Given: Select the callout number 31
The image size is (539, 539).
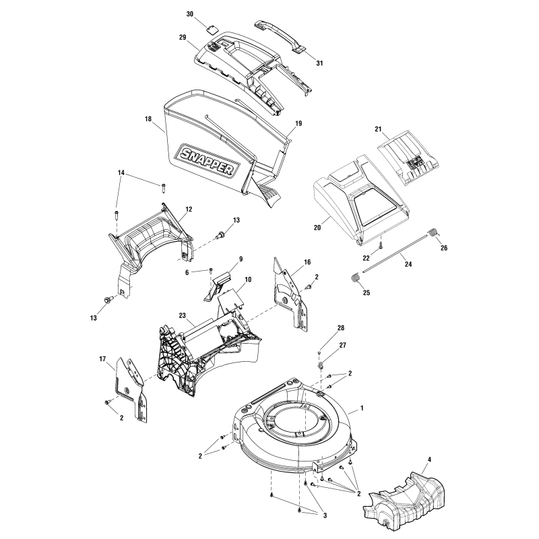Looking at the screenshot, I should click(319, 63).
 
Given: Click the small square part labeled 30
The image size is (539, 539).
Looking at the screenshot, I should click(213, 28).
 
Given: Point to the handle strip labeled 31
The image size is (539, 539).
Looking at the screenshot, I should click(280, 34).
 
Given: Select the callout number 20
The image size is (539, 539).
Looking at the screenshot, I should click(317, 228).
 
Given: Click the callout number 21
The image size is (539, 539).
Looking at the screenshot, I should click(378, 129).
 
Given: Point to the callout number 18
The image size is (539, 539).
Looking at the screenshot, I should click(148, 119).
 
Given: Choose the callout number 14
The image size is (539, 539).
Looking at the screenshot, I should click(121, 173).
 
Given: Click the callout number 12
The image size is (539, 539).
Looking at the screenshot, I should click(189, 209).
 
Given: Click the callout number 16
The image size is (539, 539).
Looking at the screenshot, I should click(307, 261).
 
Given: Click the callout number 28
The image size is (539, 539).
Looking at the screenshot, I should click(340, 327).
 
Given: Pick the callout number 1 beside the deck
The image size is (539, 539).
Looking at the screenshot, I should click(362, 408).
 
